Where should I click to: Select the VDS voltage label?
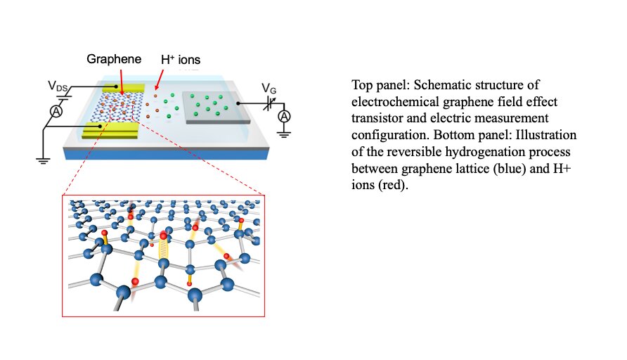pos(58,86)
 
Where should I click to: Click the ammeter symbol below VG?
pos(284,115)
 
